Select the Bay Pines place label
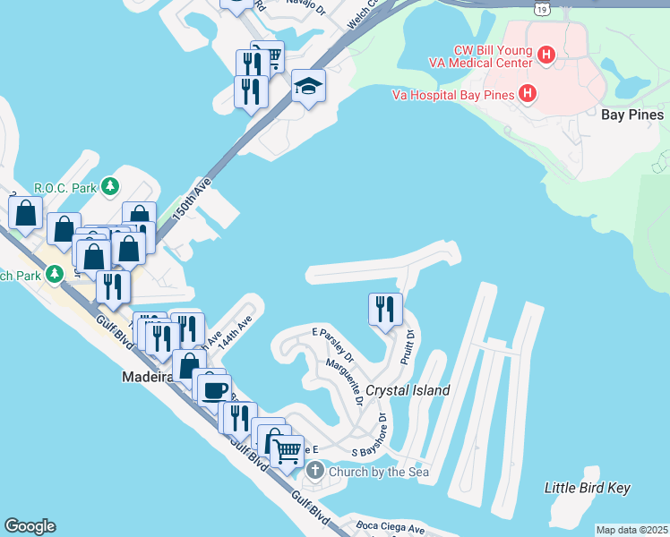632,115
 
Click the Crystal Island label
408,391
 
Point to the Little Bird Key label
588,488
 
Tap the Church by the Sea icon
314,471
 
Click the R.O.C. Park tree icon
110,187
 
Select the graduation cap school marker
308,86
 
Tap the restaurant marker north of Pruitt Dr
385,309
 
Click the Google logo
30,526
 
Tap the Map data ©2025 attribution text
631,530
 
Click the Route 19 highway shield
541,8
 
